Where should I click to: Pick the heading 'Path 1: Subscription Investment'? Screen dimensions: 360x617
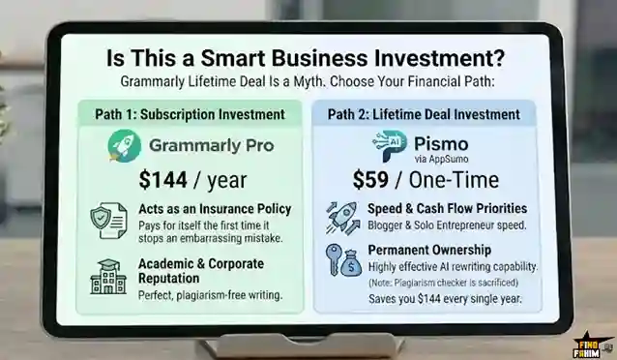point(190,114)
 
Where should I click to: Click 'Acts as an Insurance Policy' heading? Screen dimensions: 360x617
point(208,208)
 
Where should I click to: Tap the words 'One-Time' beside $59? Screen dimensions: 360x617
point(456,179)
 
